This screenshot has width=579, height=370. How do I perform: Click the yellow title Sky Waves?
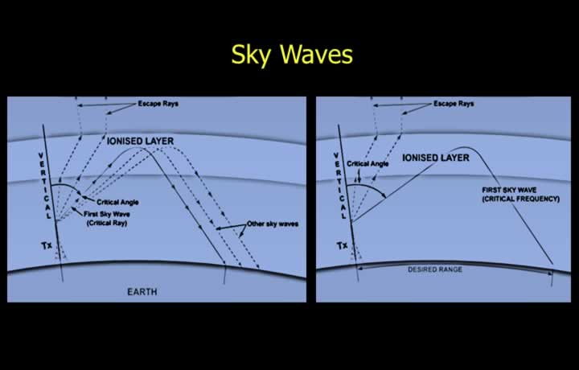pos(292,55)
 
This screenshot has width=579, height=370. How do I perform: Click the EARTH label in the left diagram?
pos(142,292)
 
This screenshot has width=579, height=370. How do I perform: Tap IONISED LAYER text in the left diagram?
pos(140,141)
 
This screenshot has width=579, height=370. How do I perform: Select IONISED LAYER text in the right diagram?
pos(436,158)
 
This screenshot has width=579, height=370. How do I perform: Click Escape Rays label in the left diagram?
pos(158,104)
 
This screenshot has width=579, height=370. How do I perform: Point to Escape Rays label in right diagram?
pos(454,104)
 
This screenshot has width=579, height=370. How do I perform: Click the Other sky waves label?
pos(273,224)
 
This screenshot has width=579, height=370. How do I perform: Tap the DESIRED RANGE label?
pos(435,269)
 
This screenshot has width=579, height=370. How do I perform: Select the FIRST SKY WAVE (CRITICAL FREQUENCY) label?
pos(520,195)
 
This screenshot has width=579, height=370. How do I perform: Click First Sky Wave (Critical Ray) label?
pos(107,219)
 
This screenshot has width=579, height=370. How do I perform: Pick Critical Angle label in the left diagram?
pos(117,202)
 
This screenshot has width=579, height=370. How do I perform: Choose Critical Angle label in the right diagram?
pos(368,163)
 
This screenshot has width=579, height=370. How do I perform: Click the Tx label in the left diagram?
pos(47,245)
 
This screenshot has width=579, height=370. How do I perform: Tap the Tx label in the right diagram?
pos(342,245)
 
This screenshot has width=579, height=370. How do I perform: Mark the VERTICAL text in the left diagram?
pos(45,186)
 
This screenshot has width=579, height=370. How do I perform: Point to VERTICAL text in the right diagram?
pos(339,186)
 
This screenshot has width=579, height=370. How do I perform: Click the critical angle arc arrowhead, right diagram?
pos(384,195)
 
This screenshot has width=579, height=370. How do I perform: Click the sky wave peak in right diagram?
pos(466,148)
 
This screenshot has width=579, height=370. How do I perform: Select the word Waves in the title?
pos(317,54)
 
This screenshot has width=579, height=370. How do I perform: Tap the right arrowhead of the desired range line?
pos(550,273)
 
